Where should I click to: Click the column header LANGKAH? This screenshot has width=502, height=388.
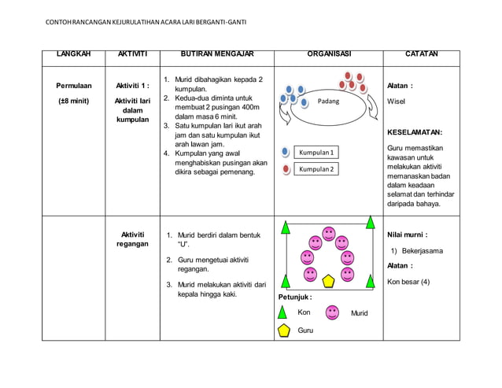[74, 55]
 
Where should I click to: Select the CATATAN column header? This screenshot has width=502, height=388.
[422, 55]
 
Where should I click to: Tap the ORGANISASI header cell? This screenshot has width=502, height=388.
[328, 55]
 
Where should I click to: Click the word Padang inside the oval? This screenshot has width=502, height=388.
[328, 102]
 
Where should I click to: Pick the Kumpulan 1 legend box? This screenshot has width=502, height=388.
[317, 152]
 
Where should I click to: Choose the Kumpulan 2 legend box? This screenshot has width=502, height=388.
[317, 169]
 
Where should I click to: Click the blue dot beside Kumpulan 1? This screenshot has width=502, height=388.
[286, 152]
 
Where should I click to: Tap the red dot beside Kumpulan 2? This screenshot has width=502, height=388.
[286, 169]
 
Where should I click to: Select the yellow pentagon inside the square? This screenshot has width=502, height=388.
[328, 279]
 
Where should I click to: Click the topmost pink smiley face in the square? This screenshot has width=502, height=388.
[329, 234]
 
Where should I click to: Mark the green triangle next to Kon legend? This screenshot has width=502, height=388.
[284, 312]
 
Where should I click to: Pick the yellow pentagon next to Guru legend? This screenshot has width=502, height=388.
[284, 331]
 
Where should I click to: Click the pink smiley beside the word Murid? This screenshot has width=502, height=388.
[333, 312]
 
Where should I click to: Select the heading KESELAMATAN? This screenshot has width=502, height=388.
[415, 132]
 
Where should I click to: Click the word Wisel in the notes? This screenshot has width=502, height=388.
[397, 102]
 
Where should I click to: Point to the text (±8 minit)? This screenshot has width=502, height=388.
[74, 101]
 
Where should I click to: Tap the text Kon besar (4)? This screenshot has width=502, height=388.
[408, 282]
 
